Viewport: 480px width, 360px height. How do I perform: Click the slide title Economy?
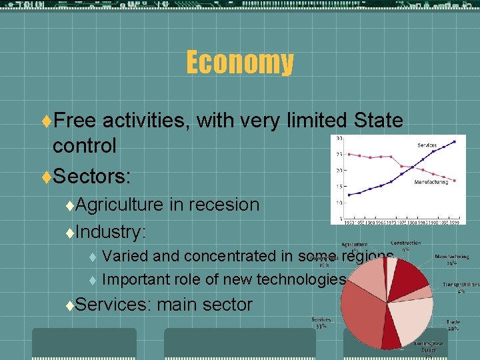click(239, 63)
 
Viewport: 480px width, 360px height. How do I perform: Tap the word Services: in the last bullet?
click(114, 305)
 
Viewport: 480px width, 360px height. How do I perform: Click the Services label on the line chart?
click(427, 145)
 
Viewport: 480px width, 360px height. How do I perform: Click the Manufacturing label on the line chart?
click(431, 181)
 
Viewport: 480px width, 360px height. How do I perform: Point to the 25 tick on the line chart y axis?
click(339, 154)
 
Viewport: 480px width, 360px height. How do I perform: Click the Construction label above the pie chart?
click(405, 244)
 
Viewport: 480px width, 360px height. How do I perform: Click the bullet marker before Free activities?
click(46, 121)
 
